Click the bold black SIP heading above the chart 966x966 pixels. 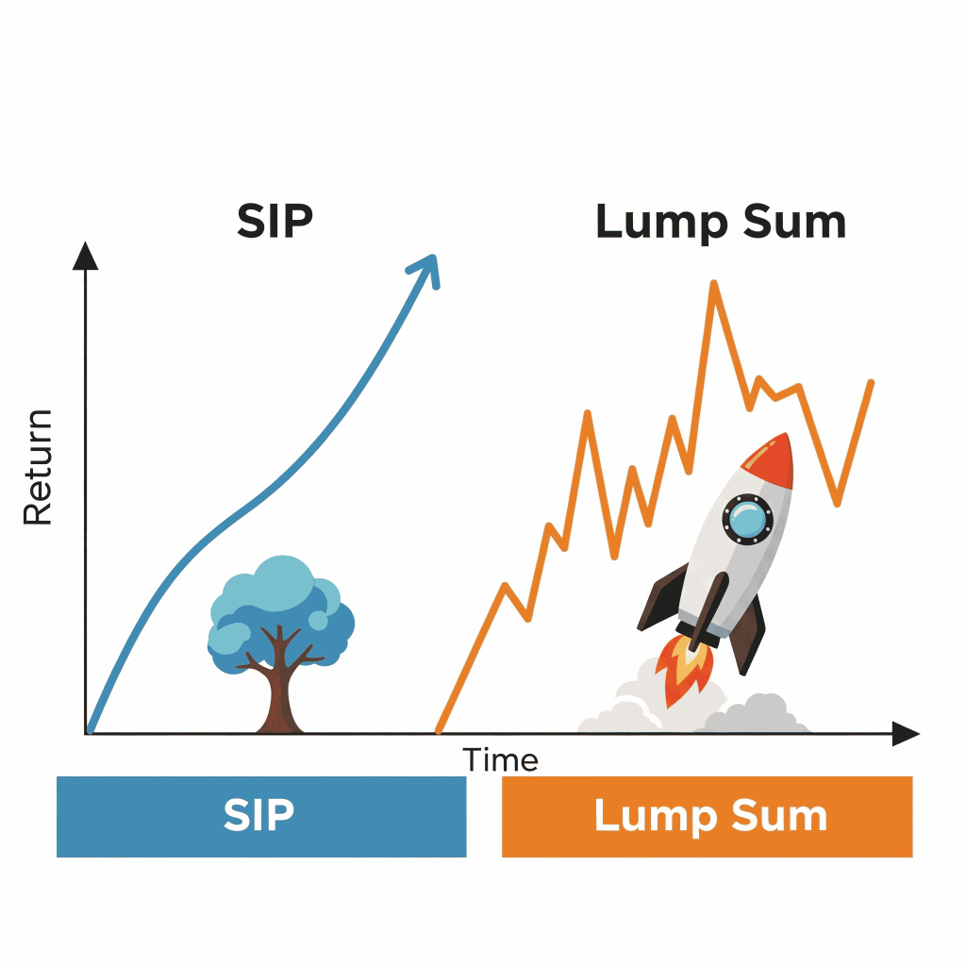275,221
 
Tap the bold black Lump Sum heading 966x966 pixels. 720,223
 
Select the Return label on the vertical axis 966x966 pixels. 38,467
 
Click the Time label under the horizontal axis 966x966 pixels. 500,759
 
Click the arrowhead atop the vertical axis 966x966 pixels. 85,255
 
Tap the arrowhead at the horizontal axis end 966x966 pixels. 906,734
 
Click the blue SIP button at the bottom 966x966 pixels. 261,816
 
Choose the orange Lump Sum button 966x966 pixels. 707,816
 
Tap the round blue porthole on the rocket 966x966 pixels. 747,519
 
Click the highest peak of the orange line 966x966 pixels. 714,284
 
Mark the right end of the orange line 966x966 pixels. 871,383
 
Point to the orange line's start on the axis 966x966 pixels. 439,731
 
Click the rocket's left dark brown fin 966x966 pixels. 662,597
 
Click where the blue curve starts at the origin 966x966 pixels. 90,731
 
